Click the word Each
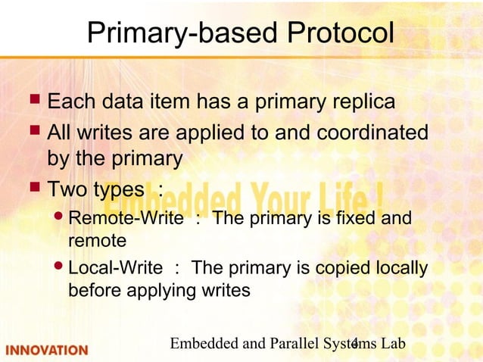point(71,101)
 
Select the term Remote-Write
point(125,220)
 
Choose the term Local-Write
point(114,269)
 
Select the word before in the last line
point(95,291)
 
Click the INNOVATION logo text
point(47,350)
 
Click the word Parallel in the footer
point(287,344)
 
